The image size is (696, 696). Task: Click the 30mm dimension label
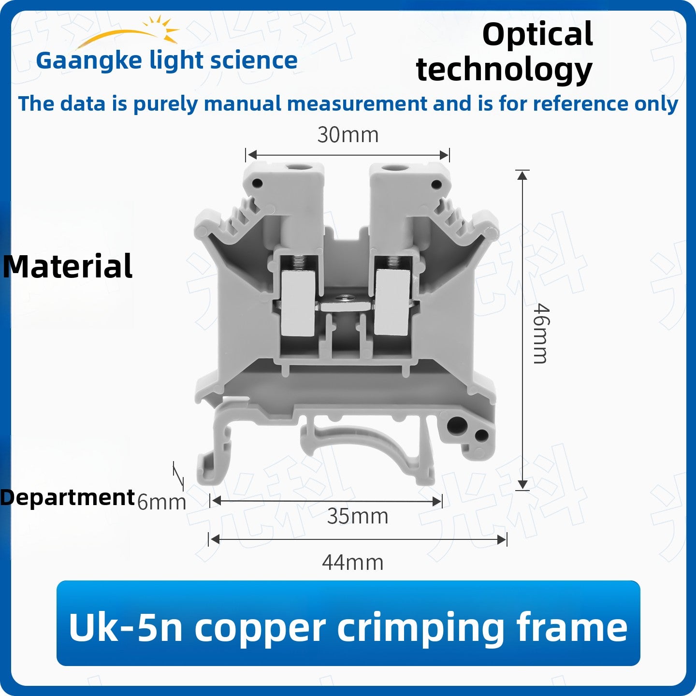[x=348, y=135]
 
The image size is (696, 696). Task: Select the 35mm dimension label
[x=358, y=516]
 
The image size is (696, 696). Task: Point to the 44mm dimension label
[x=353, y=563]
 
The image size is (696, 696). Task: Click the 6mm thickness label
[x=161, y=502]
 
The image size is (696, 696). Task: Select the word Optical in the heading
[x=538, y=35]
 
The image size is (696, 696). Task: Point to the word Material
[x=68, y=266]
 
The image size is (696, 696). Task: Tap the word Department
[x=67, y=498]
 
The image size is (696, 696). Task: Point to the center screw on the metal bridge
[x=340, y=299]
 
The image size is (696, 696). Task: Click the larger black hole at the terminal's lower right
[x=456, y=425]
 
